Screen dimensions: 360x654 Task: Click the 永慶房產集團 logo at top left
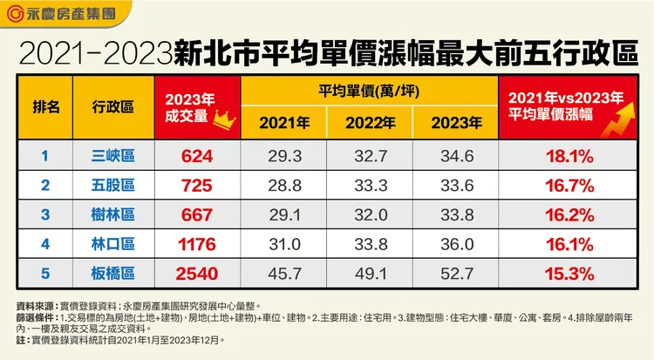[60, 14]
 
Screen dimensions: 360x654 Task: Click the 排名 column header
[46, 106]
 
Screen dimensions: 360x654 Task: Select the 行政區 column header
[112, 106]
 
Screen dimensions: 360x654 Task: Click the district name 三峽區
[112, 156]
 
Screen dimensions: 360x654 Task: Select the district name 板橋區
[112, 275]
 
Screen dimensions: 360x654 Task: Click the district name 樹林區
[112, 215]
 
